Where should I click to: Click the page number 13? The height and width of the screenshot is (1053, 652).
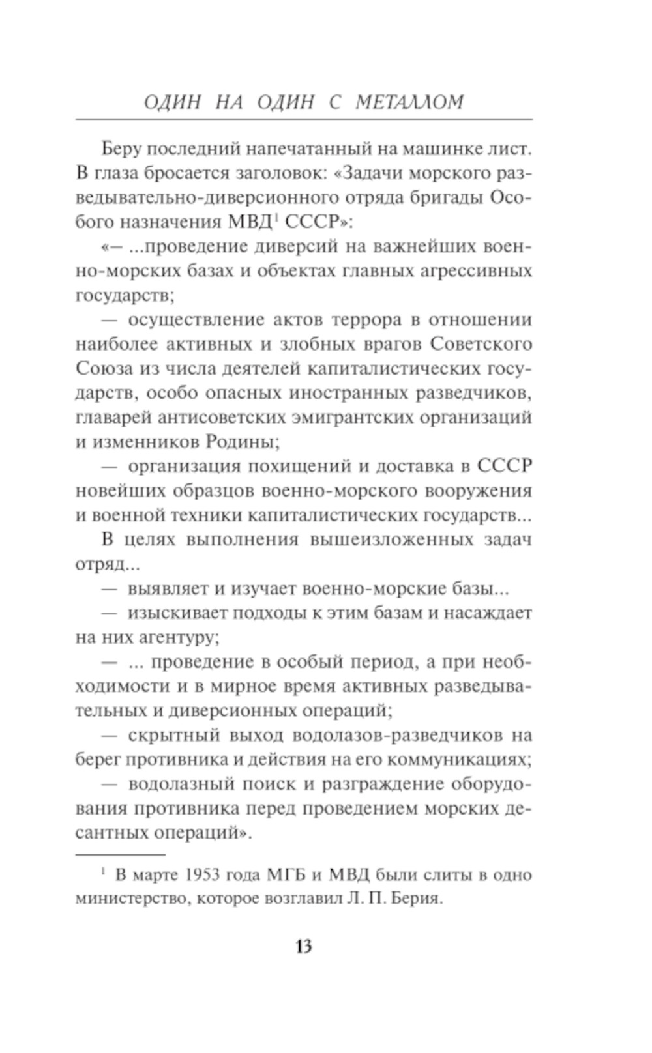pos(303,945)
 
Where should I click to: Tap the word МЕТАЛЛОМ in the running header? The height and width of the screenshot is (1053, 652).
pos(410,102)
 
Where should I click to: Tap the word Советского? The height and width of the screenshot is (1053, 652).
pos(481,343)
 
